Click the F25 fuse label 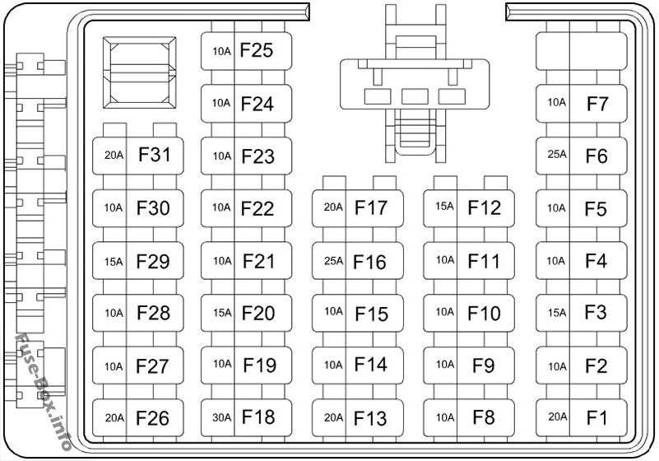256,51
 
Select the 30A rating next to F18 221,417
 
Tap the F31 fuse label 154,155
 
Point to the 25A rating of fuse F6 557,155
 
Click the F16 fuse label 369,262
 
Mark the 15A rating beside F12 444,207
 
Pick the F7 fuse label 597,104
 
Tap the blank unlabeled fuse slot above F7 582,51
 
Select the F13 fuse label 370,417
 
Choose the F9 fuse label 484,365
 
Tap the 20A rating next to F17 332,207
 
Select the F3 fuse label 596,313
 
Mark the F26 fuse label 153,417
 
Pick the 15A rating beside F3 557,313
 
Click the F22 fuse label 258,208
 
